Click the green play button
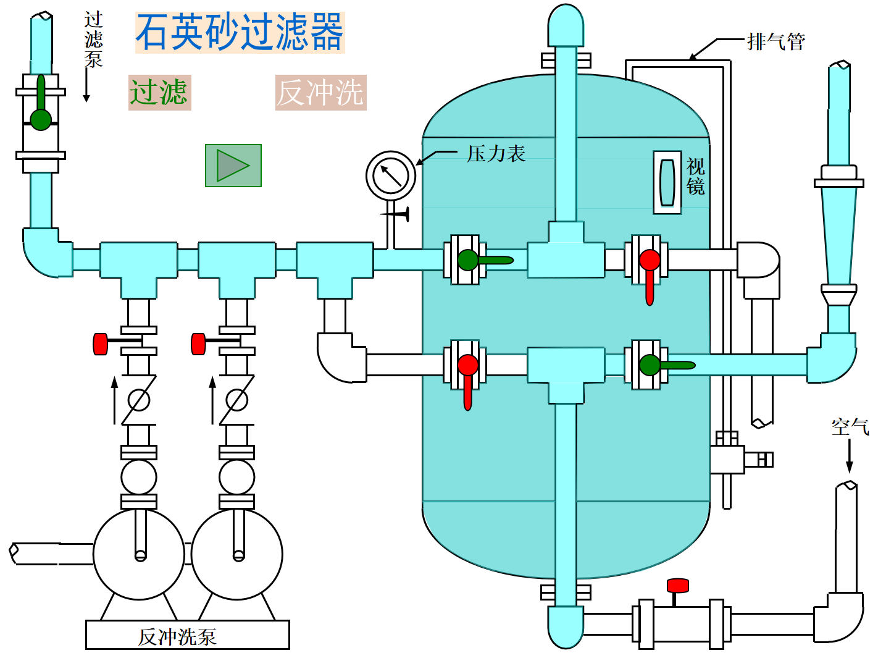coord(233,166)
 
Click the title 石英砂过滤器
coord(240,33)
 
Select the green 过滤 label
coord(159,93)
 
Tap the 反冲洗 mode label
coord(320,93)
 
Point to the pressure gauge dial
coord(391,175)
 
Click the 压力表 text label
coord(496,154)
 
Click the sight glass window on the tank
coord(667,183)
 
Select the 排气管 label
coord(775,42)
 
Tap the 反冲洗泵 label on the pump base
coord(177,637)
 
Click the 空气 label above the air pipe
coord(850,427)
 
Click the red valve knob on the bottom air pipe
coord(677,586)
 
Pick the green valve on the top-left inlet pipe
coord(41,119)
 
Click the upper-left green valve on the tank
coord(469,260)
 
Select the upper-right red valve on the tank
coord(649,260)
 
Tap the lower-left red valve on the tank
coord(468,366)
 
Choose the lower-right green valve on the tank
coord(650,365)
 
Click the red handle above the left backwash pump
coord(101,344)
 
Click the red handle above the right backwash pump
coord(198,344)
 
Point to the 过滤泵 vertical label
coord(93,40)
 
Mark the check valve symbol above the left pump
coord(138,400)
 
